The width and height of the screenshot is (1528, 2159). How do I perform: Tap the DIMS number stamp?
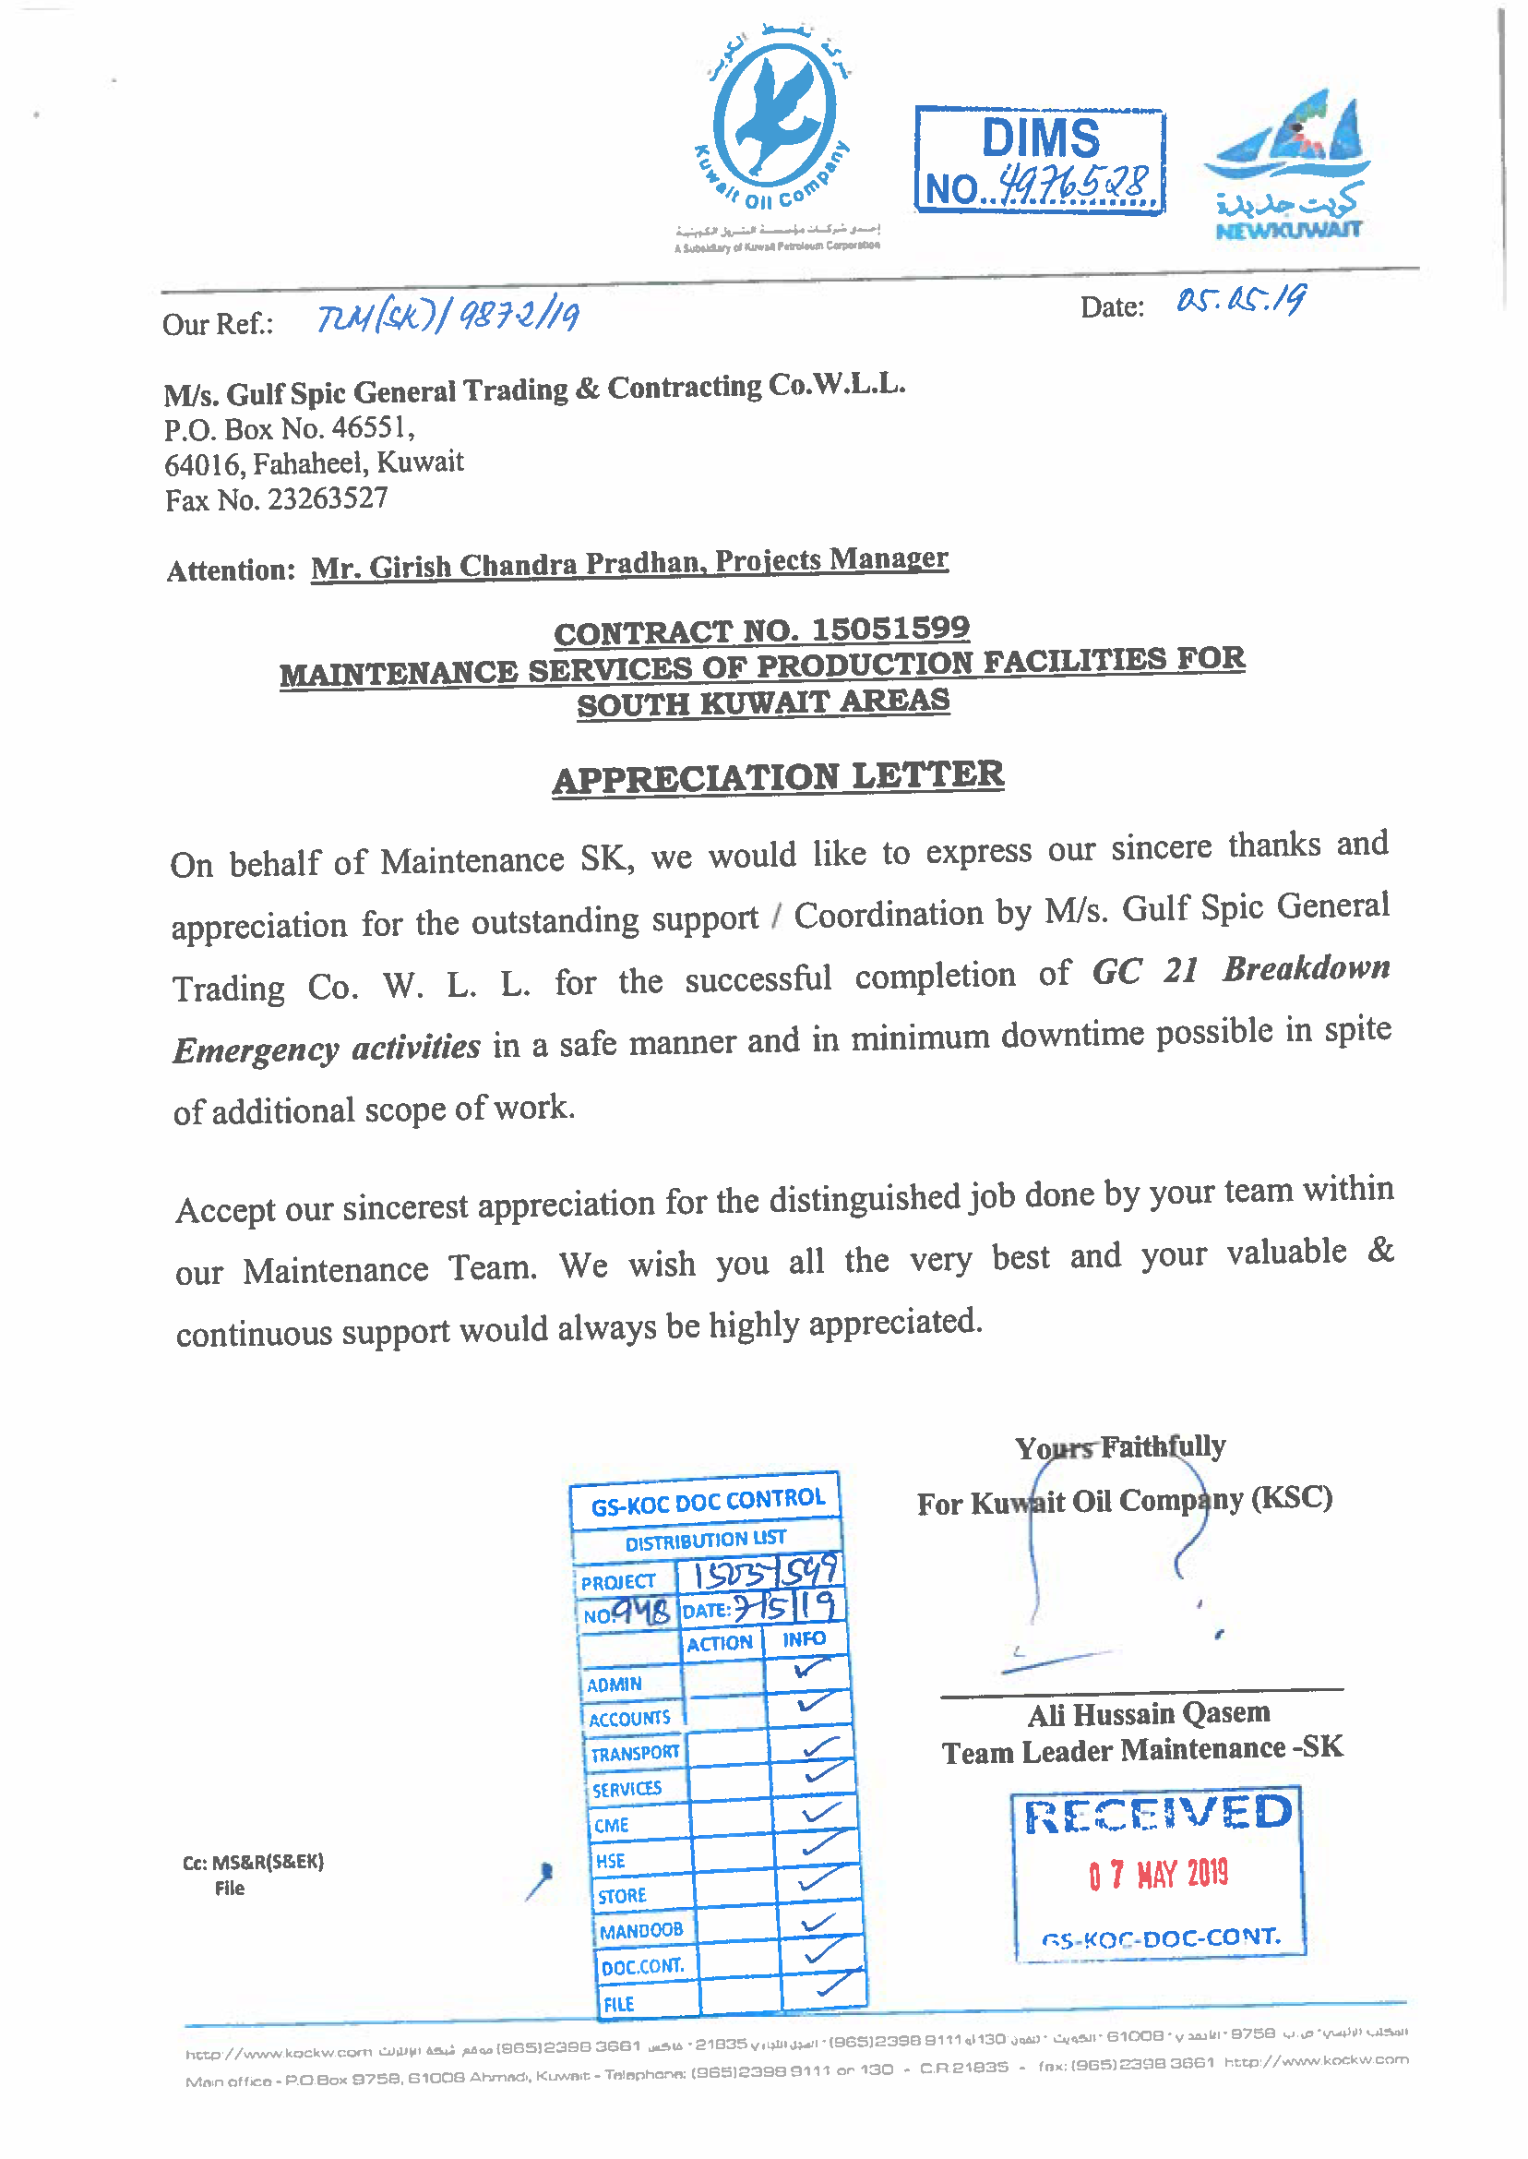(1040, 161)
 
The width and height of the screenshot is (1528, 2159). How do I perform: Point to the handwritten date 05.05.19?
(1241, 301)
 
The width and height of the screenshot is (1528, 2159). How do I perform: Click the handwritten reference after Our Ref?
(448, 318)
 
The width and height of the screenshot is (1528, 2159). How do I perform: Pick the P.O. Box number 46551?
(370, 428)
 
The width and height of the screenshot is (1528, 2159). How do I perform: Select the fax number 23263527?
(328, 498)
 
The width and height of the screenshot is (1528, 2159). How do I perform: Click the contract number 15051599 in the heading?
(890, 629)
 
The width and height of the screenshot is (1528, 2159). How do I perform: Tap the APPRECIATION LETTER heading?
(778, 777)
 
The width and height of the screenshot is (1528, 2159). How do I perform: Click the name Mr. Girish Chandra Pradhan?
(508, 566)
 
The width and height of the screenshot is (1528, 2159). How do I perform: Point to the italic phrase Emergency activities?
(327, 1049)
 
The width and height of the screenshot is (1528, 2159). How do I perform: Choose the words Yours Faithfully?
(1119, 1446)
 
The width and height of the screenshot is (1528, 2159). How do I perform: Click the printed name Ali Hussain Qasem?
(1149, 1714)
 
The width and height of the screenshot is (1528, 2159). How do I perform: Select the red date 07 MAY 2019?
(1159, 1874)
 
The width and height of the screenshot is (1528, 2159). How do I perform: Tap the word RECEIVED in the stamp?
(1158, 1814)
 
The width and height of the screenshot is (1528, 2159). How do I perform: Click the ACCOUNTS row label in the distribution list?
(629, 1720)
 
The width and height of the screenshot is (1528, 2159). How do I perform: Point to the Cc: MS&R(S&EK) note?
(253, 1862)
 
